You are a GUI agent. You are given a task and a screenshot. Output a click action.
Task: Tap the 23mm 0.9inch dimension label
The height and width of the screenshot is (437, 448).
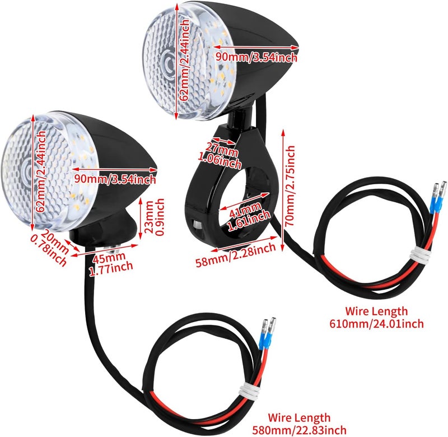(x=155, y=217)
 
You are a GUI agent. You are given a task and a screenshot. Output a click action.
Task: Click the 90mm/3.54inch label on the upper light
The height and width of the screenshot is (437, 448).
(x=256, y=57)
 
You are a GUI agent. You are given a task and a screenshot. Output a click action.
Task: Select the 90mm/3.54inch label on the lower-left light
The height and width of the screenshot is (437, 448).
(x=115, y=179)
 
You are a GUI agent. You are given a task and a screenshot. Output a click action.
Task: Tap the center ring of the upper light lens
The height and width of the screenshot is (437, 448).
(x=168, y=62)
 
